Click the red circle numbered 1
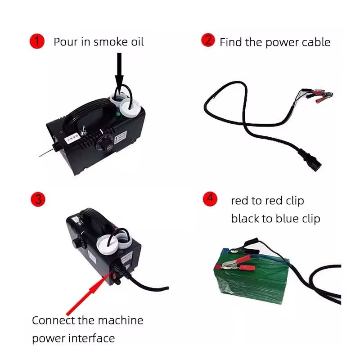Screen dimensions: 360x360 pos(37,41)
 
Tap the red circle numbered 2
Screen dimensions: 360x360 pos(208,40)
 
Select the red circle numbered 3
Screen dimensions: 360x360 pos(38,199)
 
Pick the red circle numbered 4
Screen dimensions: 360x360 pos(210,199)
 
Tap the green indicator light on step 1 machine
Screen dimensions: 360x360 pos(118,114)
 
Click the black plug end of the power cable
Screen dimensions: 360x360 pos(310,160)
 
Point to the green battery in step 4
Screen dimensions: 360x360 pos(252,276)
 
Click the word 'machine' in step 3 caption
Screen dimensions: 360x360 pos(121,320)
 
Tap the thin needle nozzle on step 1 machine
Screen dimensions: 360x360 pos(47,153)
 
